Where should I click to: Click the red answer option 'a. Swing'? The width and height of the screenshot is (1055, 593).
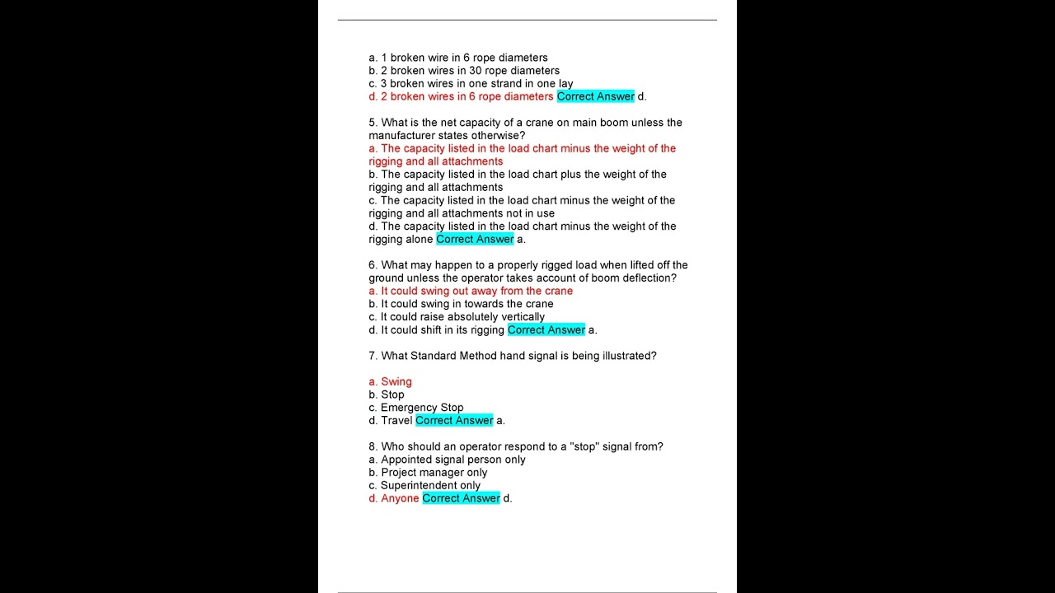tap(390, 382)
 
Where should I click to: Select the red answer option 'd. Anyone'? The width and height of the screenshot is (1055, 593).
tap(394, 498)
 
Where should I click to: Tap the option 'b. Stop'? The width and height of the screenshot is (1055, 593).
tap(387, 395)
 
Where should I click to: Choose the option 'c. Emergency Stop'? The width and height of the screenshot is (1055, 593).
tap(416, 408)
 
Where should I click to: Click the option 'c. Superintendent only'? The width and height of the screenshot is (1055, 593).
tap(424, 486)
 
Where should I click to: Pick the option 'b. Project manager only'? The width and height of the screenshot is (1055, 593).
tap(428, 473)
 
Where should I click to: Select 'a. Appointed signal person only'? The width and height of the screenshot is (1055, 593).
tap(447, 460)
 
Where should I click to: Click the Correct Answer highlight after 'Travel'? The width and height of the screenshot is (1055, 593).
tap(454, 421)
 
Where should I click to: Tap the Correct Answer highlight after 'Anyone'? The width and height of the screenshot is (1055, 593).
tap(461, 498)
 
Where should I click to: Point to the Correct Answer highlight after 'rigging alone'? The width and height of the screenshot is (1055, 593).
tap(475, 240)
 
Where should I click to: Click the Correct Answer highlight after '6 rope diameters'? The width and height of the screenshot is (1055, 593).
tap(595, 97)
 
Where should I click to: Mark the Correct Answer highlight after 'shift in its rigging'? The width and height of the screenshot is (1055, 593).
tap(546, 330)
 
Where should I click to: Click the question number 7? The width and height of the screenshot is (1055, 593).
tap(373, 356)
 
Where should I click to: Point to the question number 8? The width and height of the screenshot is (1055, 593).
tap(373, 446)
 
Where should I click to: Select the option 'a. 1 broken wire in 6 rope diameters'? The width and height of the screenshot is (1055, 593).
tap(458, 58)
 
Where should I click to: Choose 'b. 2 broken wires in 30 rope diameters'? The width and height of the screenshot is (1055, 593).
tap(464, 71)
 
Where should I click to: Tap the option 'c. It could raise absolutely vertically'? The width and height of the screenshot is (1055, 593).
tap(457, 317)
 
